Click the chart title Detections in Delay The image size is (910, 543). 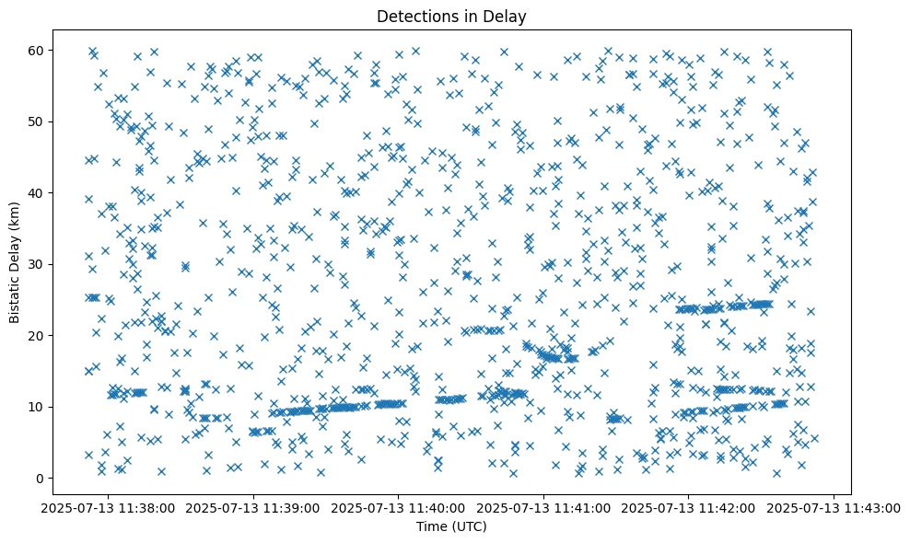pyautogui.click(x=451, y=16)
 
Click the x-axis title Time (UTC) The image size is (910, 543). pyautogui.click(x=451, y=526)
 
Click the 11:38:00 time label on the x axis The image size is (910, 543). pyautogui.click(x=108, y=507)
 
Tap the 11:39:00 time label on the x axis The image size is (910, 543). pyautogui.click(x=253, y=507)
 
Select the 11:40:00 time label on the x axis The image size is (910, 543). pyautogui.click(x=399, y=507)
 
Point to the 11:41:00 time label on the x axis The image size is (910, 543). pyautogui.click(x=544, y=507)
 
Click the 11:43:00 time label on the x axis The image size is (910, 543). pyautogui.click(x=834, y=507)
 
